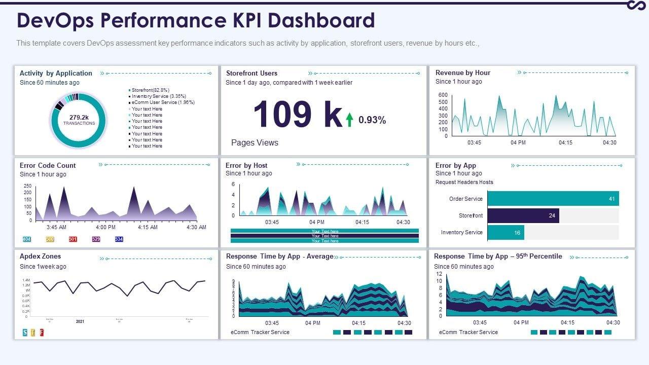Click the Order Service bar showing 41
click(553, 199)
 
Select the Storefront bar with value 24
click(523, 215)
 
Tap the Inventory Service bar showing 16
click(506, 233)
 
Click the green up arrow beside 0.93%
click(349, 120)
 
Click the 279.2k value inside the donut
click(79, 117)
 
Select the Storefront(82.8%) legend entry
click(150, 90)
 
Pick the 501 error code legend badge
click(73, 239)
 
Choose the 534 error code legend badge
click(119, 239)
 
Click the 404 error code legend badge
click(27, 239)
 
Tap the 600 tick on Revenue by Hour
click(443, 95)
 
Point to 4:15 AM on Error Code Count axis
click(148, 227)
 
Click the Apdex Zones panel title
click(40, 257)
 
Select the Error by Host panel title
click(246, 165)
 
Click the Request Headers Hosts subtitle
click(464, 182)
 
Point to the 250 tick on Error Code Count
click(27, 186)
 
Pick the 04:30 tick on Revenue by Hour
click(609, 142)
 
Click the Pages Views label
click(255, 142)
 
